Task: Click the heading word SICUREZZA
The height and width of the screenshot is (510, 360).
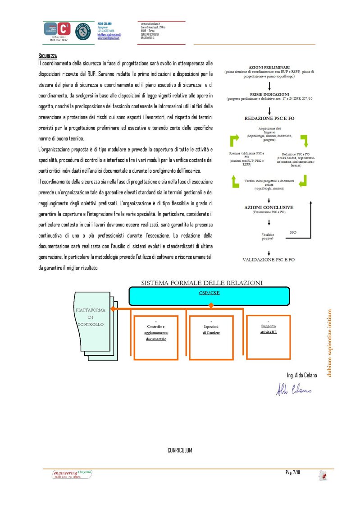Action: (x=48, y=56)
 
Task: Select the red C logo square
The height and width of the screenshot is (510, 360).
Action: (x=64, y=29)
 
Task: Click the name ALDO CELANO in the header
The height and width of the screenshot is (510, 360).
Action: (x=105, y=23)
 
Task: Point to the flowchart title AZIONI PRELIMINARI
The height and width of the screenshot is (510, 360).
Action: (x=269, y=67)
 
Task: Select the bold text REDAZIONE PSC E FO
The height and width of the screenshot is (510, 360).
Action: (x=269, y=118)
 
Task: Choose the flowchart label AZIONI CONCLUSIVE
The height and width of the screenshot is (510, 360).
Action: (x=269, y=207)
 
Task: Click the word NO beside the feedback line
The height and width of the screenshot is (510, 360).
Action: (x=293, y=232)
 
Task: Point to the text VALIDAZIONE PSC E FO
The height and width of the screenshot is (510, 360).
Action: (x=269, y=260)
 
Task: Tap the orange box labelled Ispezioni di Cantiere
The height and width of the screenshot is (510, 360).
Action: (x=211, y=337)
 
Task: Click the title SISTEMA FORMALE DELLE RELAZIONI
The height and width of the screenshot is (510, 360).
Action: (x=201, y=283)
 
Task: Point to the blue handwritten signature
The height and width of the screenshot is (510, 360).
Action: (x=293, y=389)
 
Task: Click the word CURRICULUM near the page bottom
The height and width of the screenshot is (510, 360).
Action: (x=180, y=450)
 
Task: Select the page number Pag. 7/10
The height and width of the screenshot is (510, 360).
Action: (x=292, y=472)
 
